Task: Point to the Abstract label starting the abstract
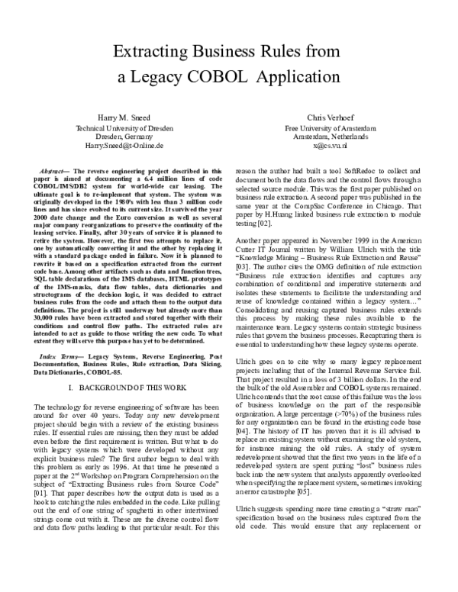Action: [x=51, y=172]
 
